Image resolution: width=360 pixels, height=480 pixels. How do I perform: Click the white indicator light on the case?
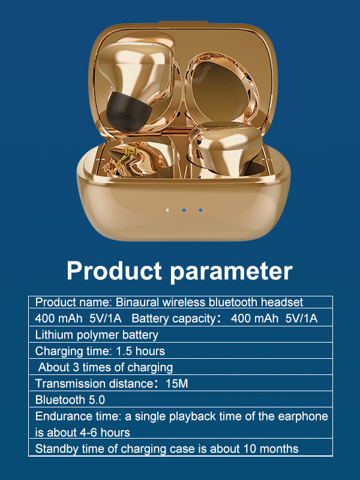pos(167,210)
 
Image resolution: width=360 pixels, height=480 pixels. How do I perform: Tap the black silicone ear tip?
pos(129,112)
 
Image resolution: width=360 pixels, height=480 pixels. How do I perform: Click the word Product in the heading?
pos(114,271)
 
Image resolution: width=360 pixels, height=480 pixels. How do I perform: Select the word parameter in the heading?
pos(232,272)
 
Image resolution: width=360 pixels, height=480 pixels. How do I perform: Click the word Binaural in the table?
pos(137,302)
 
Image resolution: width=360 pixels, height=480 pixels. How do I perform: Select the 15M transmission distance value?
pos(177,383)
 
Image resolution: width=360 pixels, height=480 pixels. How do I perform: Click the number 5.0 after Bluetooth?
pos(97,400)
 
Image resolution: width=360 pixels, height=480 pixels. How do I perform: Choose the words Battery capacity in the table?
pos(173,319)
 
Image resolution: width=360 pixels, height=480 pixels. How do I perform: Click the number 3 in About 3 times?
pos(76,367)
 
